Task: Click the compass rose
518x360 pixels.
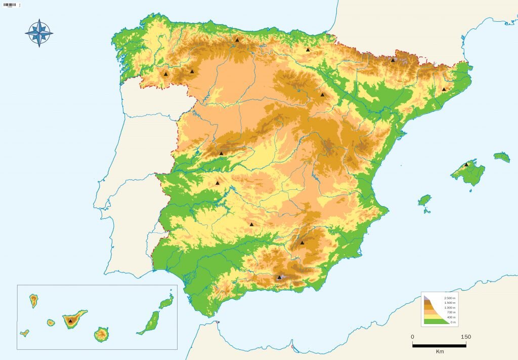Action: coord(39,33)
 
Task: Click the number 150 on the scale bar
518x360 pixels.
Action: coord(466,337)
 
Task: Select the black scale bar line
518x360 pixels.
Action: coord(439,345)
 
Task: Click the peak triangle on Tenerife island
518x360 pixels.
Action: coord(70,321)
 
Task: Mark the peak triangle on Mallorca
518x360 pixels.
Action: coord(466,165)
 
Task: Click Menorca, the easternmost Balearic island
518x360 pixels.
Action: coord(502,157)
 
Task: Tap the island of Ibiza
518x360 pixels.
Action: coord(424,200)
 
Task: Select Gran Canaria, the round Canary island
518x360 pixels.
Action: coord(101,334)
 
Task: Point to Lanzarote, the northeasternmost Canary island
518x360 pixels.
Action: coord(166,302)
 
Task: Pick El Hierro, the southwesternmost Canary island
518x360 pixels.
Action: coord(24,333)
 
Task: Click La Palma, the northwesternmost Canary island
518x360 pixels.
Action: coord(34,301)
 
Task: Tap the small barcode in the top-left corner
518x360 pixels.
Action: coord(10,5)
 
